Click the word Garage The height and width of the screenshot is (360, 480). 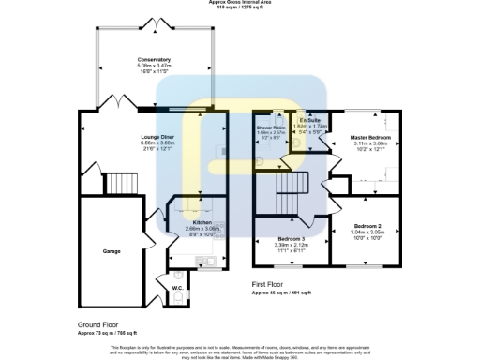pyautogui.click(x=112, y=251)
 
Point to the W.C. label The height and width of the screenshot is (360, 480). pyautogui.click(x=177, y=287)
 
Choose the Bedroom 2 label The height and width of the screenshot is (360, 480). pyautogui.click(x=367, y=226)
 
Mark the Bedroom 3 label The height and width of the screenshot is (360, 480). pyautogui.click(x=292, y=239)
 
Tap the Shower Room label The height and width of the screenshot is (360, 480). pyautogui.click(x=271, y=127)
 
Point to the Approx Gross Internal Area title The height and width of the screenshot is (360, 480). pyautogui.click(x=238, y=3)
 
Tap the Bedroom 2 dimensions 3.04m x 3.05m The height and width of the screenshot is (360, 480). pyautogui.click(x=367, y=232)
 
